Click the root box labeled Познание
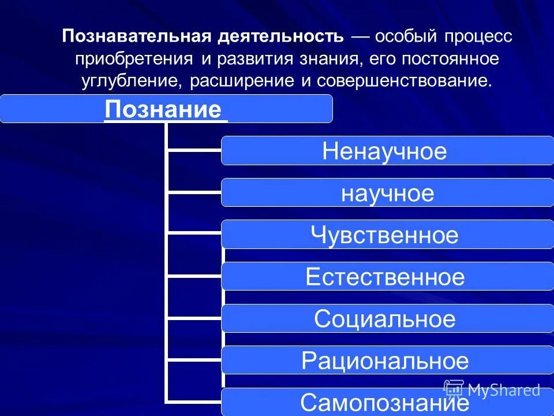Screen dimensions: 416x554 (x=166, y=109)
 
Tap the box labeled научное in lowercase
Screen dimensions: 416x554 (x=387, y=193)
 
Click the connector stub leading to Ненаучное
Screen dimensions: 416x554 (x=194, y=151)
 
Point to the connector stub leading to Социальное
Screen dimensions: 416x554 (x=194, y=318)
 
